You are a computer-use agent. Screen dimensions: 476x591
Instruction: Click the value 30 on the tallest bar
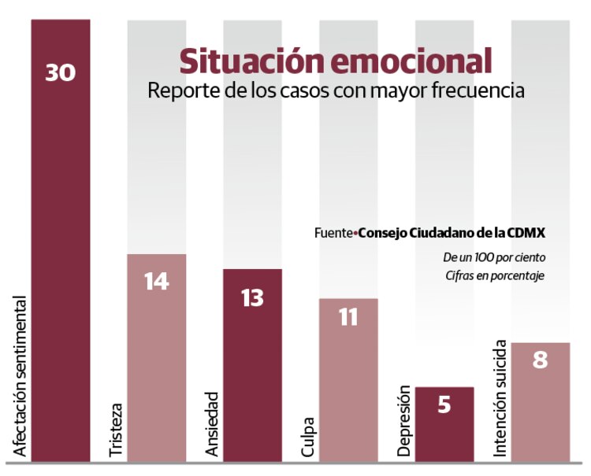click(61, 72)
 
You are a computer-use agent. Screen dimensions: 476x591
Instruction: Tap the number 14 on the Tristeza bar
click(156, 281)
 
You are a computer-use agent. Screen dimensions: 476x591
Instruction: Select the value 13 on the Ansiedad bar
click(252, 298)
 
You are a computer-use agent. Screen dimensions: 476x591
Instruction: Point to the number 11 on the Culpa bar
click(348, 317)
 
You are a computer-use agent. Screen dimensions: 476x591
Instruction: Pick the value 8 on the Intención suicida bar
click(540, 361)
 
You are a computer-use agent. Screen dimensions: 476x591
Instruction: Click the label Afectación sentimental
click(20, 377)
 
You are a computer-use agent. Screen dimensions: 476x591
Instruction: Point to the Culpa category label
click(308, 436)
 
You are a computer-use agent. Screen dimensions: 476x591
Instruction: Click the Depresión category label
click(404, 420)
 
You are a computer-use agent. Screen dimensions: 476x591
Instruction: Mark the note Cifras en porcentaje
click(494, 275)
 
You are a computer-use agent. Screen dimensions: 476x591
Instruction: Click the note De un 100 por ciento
click(493, 257)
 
